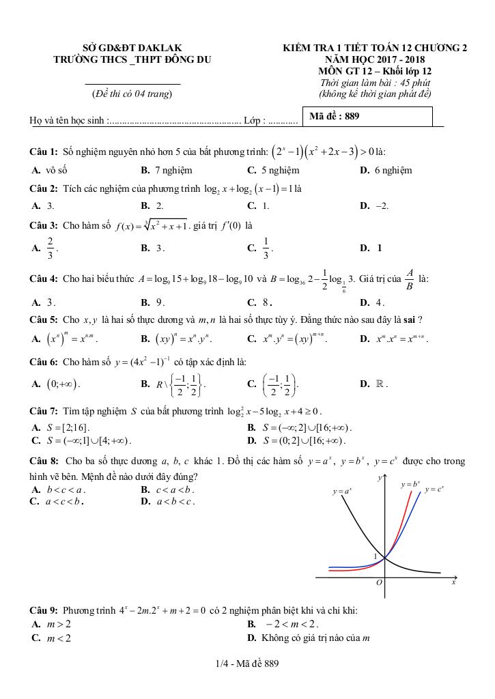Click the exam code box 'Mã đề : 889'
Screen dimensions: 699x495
point(367,116)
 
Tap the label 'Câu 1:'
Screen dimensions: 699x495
point(44,151)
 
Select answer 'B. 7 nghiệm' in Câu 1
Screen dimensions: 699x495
point(166,170)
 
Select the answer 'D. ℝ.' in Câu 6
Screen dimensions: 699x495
point(374,384)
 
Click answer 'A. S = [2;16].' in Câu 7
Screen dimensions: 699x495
point(60,427)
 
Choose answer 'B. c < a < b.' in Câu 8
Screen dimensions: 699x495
point(167,489)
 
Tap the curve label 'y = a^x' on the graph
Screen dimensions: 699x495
point(342,491)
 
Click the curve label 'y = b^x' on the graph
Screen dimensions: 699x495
point(410,484)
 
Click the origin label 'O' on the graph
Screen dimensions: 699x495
point(380,584)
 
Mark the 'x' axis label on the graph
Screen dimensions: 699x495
point(453,583)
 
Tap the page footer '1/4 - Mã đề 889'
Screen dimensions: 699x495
point(246,663)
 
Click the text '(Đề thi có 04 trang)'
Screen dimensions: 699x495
point(132,93)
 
